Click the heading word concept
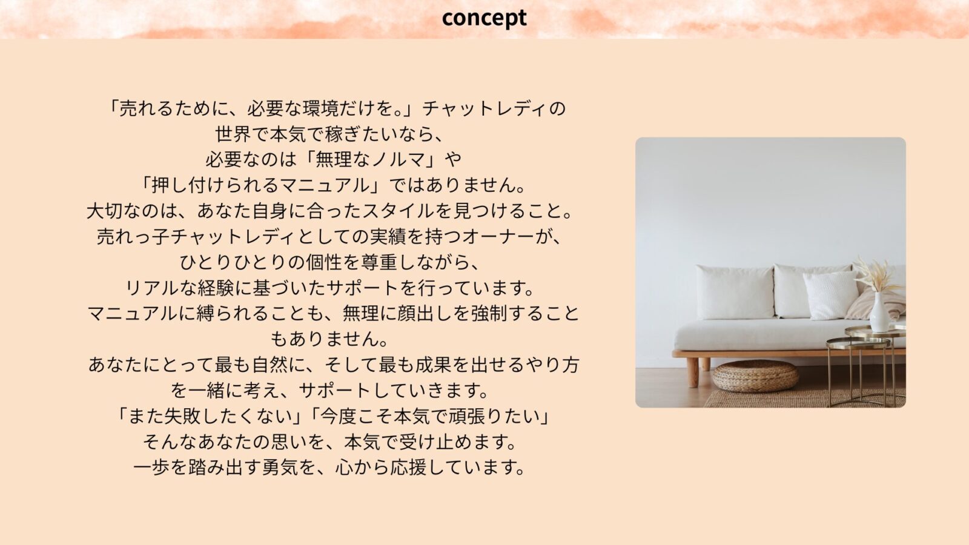coord(484,19)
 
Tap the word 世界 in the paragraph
coord(233,134)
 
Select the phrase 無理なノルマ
coord(370,160)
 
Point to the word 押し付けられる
coord(215,185)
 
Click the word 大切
coord(105,211)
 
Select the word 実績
coord(388,237)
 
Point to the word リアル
coord(152,288)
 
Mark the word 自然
coord(270,365)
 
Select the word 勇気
coord(280,467)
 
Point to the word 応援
coord(408,467)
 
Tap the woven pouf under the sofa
coord(755,376)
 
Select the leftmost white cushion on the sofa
coord(735,292)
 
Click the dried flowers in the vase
coord(878,275)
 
